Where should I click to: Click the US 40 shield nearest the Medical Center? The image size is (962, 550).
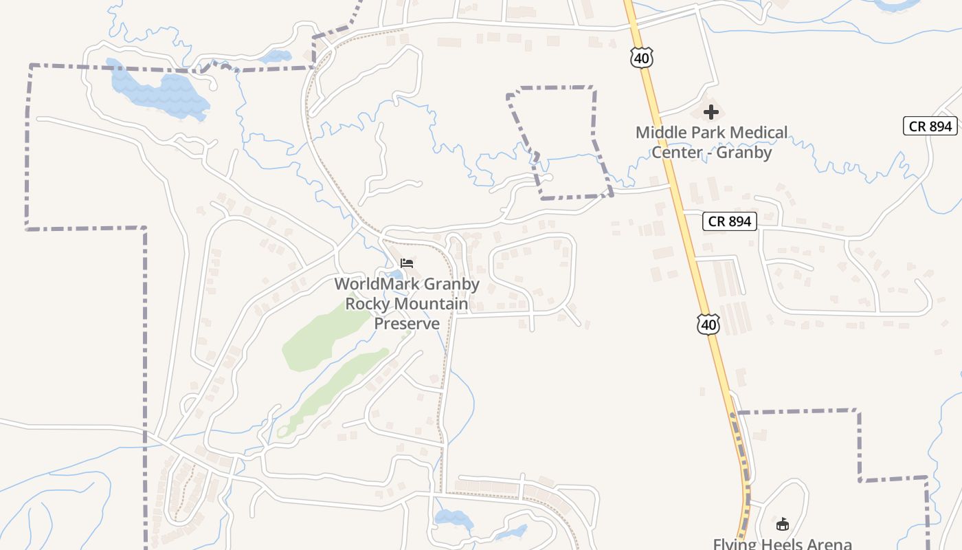(641, 58)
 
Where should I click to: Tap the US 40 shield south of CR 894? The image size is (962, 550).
(708, 324)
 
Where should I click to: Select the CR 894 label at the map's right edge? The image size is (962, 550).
(930, 126)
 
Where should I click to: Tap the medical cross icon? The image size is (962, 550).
(711, 111)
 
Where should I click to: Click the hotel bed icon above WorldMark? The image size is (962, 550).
(407, 263)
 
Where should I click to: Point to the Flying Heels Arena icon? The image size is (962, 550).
(782, 525)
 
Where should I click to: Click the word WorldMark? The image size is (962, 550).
(376, 284)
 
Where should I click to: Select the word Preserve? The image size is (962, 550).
(407, 323)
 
